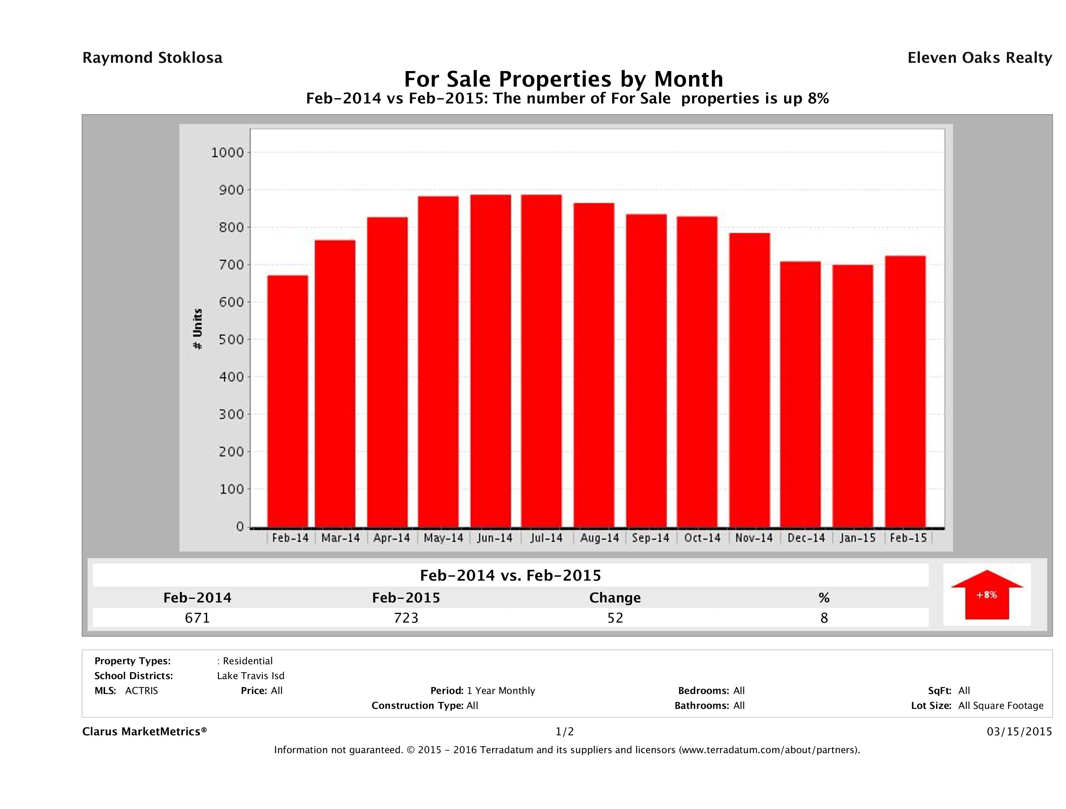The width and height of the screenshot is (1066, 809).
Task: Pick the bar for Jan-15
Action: pos(853,396)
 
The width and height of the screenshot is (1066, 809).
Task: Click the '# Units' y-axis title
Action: pos(198,329)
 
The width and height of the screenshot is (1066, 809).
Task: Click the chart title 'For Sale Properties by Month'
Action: pos(563,79)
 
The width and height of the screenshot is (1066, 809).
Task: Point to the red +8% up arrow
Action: pos(986,595)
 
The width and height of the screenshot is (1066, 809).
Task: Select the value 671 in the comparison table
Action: pos(197,618)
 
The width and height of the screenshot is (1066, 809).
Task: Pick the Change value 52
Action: pos(615,618)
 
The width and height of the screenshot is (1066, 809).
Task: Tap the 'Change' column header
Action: pos(615,598)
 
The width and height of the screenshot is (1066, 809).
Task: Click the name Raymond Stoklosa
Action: pos(152,58)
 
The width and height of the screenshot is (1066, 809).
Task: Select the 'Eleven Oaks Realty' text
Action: pos(979,58)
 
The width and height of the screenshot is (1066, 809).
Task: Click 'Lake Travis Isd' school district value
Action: pos(251,676)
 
